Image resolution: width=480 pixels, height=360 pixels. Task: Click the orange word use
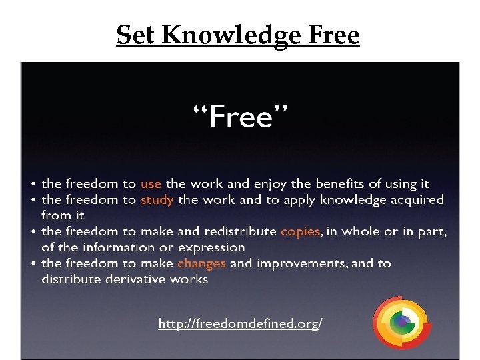pyautogui.click(x=151, y=183)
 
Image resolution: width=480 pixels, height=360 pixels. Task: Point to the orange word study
pyautogui.click(x=157, y=199)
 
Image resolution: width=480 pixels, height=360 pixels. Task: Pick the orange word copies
pyautogui.click(x=300, y=231)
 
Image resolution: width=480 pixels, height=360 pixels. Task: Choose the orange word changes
pyautogui.click(x=201, y=263)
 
